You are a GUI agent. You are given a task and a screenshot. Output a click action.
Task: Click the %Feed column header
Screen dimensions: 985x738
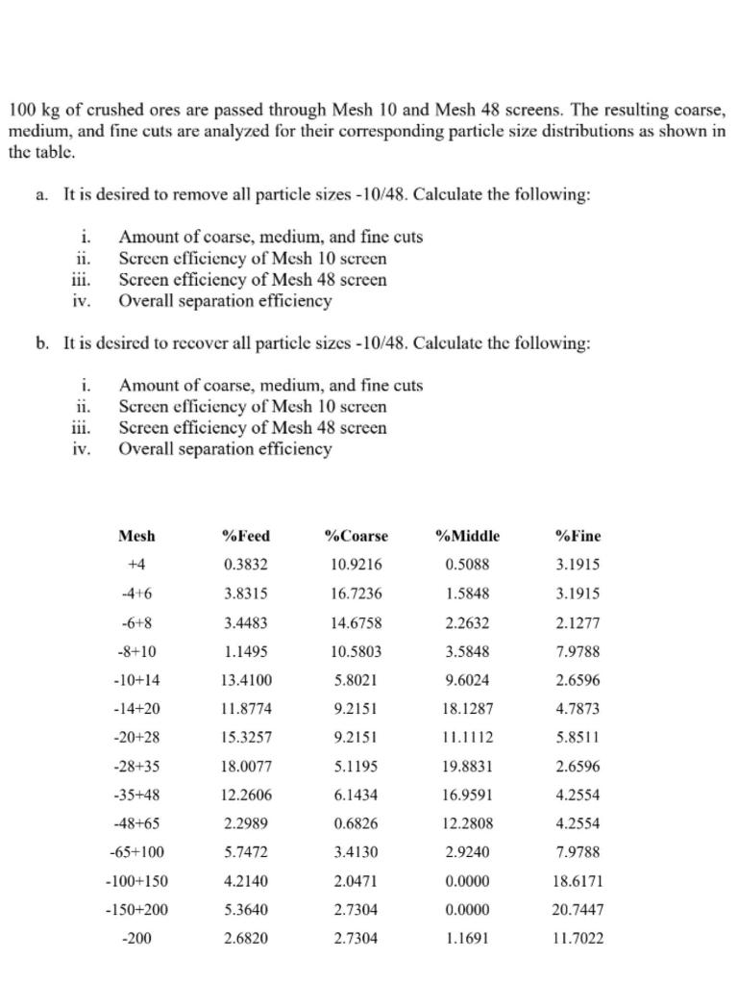tap(246, 536)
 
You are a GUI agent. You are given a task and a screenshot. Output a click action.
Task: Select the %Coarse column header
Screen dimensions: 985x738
tap(357, 536)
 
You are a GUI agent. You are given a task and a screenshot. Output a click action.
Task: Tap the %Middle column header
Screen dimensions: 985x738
tap(467, 536)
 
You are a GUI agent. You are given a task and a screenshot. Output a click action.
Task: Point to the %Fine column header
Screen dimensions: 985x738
tap(578, 536)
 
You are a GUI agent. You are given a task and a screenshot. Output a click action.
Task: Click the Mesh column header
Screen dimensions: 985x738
tap(136, 536)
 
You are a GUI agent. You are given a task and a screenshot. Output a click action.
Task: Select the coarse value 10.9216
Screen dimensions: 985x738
tap(357, 565)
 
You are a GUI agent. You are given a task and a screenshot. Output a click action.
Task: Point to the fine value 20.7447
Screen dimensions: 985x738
tap(578, 909)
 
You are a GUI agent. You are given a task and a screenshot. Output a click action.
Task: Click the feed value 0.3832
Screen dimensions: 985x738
tap(246, 565)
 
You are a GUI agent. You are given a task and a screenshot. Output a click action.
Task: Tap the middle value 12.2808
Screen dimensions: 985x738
tap(467, 823)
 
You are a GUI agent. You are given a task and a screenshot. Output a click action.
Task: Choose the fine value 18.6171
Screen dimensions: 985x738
tap(578, 880)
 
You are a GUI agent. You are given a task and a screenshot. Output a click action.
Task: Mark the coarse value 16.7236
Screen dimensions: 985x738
tap(357, 594)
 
